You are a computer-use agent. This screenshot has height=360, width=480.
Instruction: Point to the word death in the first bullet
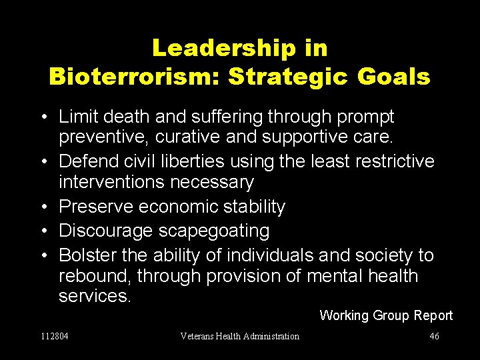126,117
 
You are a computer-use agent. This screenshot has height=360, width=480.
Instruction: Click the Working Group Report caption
386,315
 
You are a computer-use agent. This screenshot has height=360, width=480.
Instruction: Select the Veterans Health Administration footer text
240,336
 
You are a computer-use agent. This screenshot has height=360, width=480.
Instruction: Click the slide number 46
434,336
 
